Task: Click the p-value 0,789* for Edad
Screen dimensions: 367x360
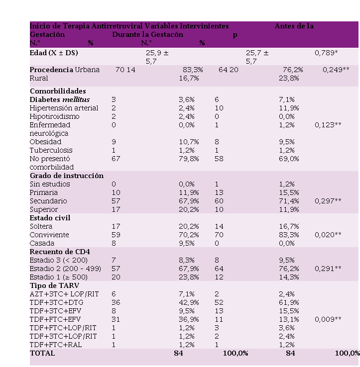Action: point(327,53)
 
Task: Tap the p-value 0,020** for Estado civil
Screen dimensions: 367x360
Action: point(328,235)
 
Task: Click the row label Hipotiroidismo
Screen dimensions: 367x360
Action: point(54,116)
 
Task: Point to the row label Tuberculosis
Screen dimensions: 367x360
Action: point(51,150)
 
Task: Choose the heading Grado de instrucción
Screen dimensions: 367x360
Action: point(67,176)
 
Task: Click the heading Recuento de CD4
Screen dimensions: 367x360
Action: point(59,252)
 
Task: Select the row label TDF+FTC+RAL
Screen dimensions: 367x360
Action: point(55,345)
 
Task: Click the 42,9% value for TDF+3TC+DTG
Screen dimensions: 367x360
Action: point(189,302)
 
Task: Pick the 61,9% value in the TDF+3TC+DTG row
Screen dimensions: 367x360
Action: point(289,302)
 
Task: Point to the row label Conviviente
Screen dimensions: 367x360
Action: point(49,235)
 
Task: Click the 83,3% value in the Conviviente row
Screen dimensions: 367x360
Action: point(289,235)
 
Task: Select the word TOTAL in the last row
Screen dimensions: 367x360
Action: point(42,353)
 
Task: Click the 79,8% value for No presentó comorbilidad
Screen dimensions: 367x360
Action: point(189,159)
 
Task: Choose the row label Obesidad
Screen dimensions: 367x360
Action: point(45,142)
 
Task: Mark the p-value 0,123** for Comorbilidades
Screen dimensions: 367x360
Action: point(328,125)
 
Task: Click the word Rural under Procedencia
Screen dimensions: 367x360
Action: point(39,78)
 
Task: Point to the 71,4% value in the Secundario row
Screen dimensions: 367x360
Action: point(289,201)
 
